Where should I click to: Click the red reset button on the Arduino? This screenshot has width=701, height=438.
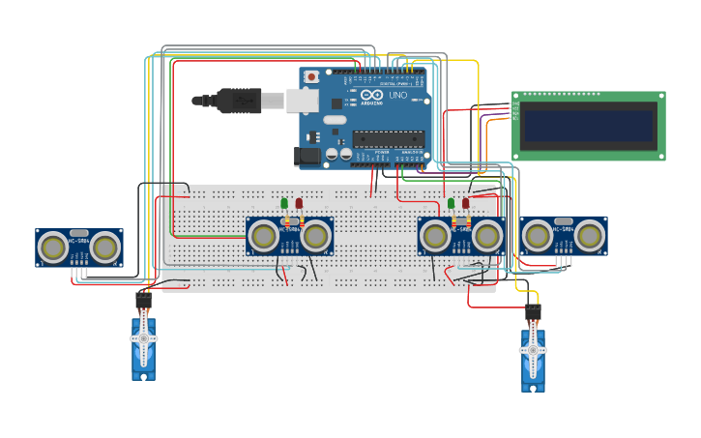[311, 76]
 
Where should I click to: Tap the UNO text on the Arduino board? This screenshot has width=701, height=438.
[396, 95]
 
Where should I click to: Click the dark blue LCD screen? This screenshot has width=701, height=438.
[588, 126]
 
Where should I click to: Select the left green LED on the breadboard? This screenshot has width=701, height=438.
[284, 203]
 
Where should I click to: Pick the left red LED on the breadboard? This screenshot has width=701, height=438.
[299, 203]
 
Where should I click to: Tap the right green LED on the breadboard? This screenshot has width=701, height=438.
[452, 203]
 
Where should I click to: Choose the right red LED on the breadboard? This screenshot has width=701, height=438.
[466, 203]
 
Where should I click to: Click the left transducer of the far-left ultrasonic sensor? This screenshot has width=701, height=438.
[54, 248]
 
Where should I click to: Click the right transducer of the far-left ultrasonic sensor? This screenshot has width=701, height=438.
[104, 248]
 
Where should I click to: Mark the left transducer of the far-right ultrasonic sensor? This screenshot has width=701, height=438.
[539, 236]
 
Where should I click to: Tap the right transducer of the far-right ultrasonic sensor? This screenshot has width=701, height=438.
[589, 236]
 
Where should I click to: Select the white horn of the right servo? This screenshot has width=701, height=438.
[533, 354]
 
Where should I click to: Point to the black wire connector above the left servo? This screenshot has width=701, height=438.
[143, 301]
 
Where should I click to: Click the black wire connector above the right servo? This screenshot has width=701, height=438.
[533, 311]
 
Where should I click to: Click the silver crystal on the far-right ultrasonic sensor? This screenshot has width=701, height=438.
[564, 221]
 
